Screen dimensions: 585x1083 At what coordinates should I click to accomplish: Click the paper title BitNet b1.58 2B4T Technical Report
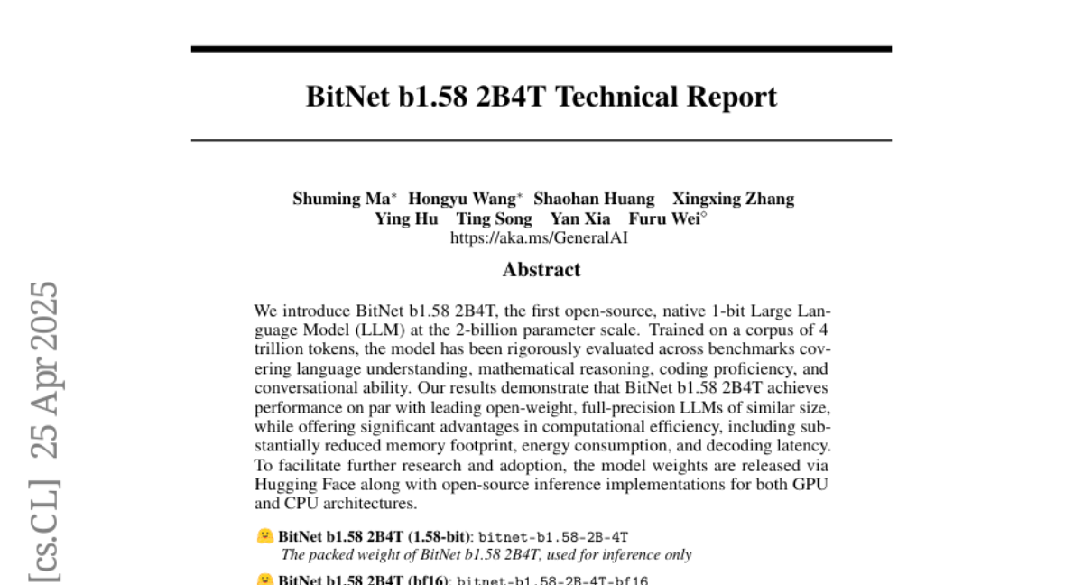541,97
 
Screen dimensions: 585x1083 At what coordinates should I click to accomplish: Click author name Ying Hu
406,219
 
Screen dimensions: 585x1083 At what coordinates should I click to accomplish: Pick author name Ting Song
494,219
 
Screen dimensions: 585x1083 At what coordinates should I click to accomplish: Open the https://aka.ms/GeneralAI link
539,238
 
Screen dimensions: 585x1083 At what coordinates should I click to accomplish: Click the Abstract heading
541,270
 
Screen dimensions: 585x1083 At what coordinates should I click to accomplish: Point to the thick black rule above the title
541,49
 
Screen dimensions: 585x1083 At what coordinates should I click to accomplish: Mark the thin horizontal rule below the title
541,141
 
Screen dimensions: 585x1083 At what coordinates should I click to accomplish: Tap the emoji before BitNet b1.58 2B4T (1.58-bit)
264,536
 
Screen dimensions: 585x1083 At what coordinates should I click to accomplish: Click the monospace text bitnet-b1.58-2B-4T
553,537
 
